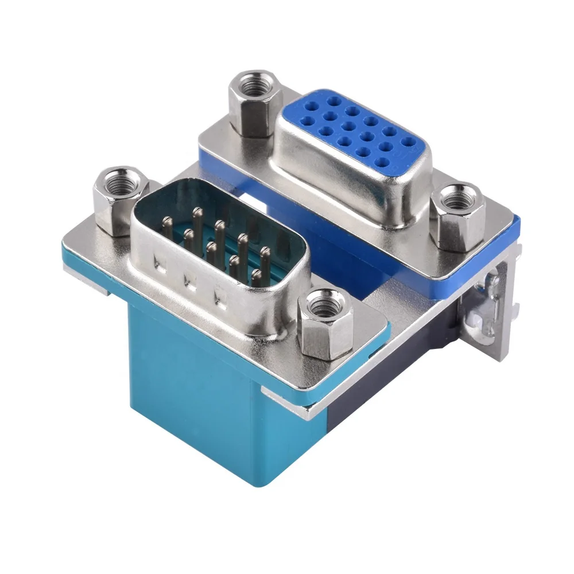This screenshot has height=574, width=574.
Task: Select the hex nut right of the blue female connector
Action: (457, 218)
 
